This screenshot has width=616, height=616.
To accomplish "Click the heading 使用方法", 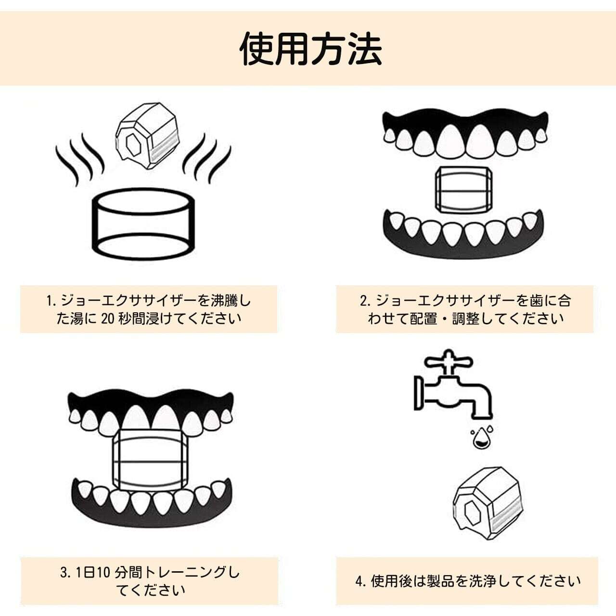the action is tap(311, 49).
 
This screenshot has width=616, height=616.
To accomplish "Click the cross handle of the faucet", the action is tap(449, 361).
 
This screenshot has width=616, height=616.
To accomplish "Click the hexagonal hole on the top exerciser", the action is tap(131, 144).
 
